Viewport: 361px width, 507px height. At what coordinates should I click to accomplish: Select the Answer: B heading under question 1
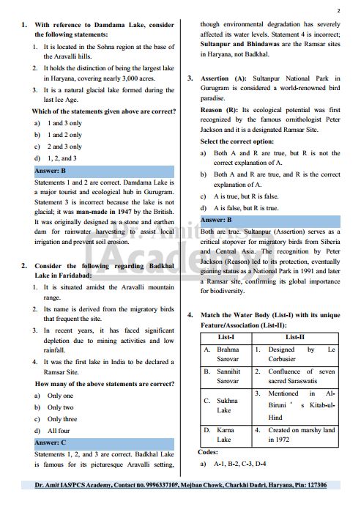point(51,171)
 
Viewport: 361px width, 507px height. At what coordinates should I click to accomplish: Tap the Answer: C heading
point(51,443)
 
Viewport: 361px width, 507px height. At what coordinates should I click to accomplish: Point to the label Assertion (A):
point(227,77)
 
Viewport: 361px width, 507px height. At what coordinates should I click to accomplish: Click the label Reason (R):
point(219,109)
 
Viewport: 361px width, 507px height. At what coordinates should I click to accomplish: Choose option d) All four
point(58,432)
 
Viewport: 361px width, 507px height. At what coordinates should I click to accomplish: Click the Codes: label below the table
point(208,451)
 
